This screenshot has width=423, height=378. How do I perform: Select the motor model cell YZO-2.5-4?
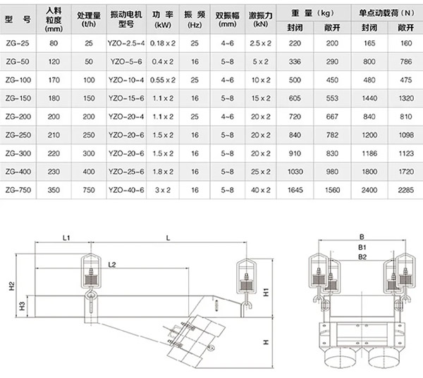coord(127,43)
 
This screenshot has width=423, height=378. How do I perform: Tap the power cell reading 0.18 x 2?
coord(164,43)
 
